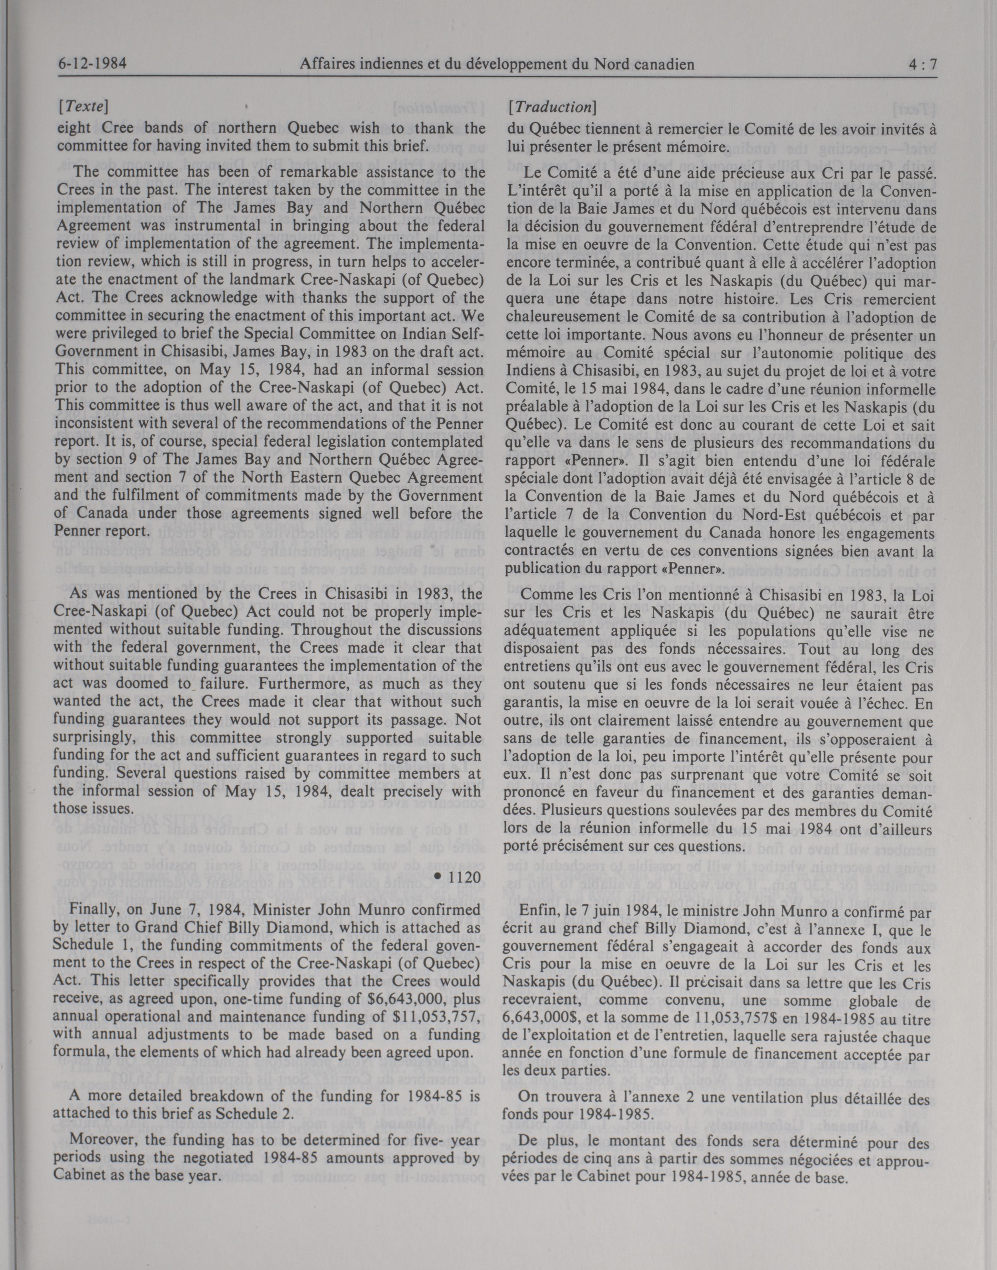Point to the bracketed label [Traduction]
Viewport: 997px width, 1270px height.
tap(551, 108)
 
